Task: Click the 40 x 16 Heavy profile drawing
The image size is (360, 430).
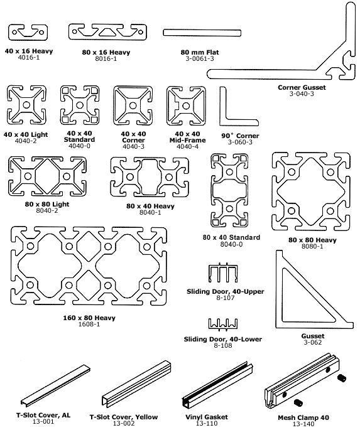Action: point(26,32)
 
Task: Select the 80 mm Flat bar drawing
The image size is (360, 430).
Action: point(189,33)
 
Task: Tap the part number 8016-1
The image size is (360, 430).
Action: point(106,58)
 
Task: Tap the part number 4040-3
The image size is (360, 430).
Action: point(134,146)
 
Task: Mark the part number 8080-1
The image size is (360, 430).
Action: point(312,246)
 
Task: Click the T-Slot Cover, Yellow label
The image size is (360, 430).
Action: point(123,417)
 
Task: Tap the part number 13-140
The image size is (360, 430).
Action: point(302,423)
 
